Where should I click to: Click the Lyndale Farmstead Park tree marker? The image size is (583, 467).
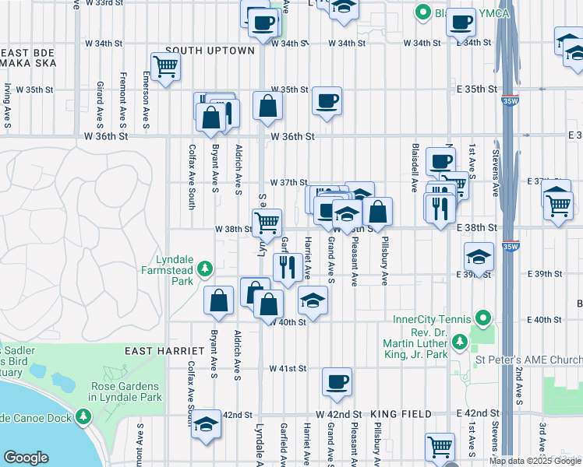205,269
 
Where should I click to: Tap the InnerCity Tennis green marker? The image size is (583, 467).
483,318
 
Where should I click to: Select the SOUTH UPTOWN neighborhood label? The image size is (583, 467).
210,51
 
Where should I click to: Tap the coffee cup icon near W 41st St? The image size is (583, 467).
337,381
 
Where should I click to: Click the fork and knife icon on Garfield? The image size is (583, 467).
288,266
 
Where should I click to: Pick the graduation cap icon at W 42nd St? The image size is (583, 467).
206,424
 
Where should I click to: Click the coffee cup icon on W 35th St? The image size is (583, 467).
327,100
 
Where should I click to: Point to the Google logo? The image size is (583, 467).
26,458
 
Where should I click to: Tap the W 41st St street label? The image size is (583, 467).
285,368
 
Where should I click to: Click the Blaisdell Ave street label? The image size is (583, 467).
415,168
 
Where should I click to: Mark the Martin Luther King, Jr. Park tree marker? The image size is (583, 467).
459,340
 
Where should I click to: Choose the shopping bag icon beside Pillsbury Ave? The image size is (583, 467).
377,211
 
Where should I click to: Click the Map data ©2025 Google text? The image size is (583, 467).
534,461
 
